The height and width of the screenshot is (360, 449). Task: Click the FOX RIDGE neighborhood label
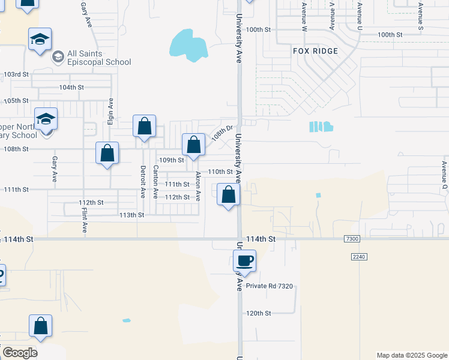[x=315, y=51]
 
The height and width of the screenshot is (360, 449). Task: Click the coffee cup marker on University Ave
[x=244, y=262]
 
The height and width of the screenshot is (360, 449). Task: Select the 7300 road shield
[x=352, y=239]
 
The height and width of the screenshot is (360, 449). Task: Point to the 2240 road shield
[x=358, y=256]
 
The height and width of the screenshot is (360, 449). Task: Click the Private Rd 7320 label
[x=269, y=286]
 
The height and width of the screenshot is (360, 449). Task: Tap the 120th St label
[x=259, y=313]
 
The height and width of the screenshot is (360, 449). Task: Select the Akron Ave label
[x=197, y=186]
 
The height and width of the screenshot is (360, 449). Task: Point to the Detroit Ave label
[x=143, y=182]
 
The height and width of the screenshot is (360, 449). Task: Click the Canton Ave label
[x=155, y=182]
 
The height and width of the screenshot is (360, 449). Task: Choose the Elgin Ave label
[x=111, y=112]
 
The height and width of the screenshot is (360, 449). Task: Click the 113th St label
[x=132, y=215]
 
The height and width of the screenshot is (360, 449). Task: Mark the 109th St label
[x=171, y=160]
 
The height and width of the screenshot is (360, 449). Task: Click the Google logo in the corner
[x=20, y=352]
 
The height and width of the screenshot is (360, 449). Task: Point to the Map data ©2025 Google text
[x=411, y=355]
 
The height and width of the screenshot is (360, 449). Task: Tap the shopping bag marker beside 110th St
[x=228, y=196]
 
